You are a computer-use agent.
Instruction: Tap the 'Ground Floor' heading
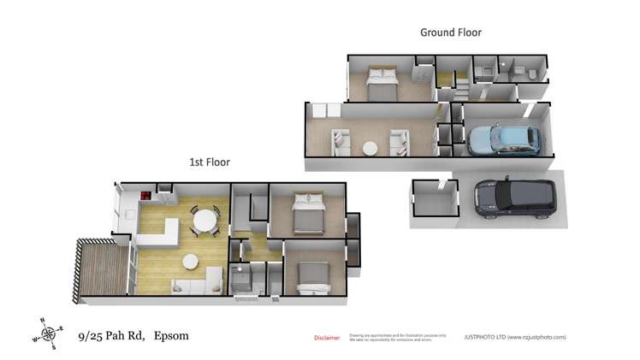(450, 32)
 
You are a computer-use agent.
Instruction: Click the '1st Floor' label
(209, 162)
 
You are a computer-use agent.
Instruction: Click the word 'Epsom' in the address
(171, 335)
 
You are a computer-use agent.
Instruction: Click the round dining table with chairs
(205, 221)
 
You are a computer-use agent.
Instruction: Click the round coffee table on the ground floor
(370, 148)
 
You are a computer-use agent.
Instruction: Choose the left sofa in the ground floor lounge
(340, 141)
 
